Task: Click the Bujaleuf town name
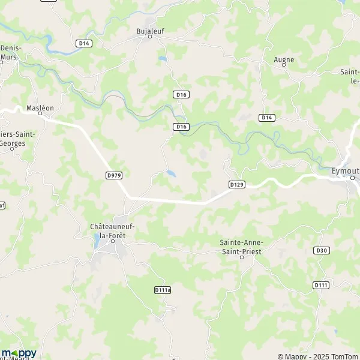[149, 29]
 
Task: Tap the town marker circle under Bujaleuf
[150, 37]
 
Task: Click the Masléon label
[40, 108]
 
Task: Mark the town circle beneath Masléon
[41, 115]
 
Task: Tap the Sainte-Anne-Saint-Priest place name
[242, 246]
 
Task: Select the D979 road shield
[113, 175]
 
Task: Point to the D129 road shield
[237, 185]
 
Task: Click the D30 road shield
[322, 250]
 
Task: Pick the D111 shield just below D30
[321, 286]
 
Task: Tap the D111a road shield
[163, 290]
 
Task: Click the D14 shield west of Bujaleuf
[83, 43]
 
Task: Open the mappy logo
[19, 353]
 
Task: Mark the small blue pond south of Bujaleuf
[162, 59]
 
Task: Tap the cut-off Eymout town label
[346, 170]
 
